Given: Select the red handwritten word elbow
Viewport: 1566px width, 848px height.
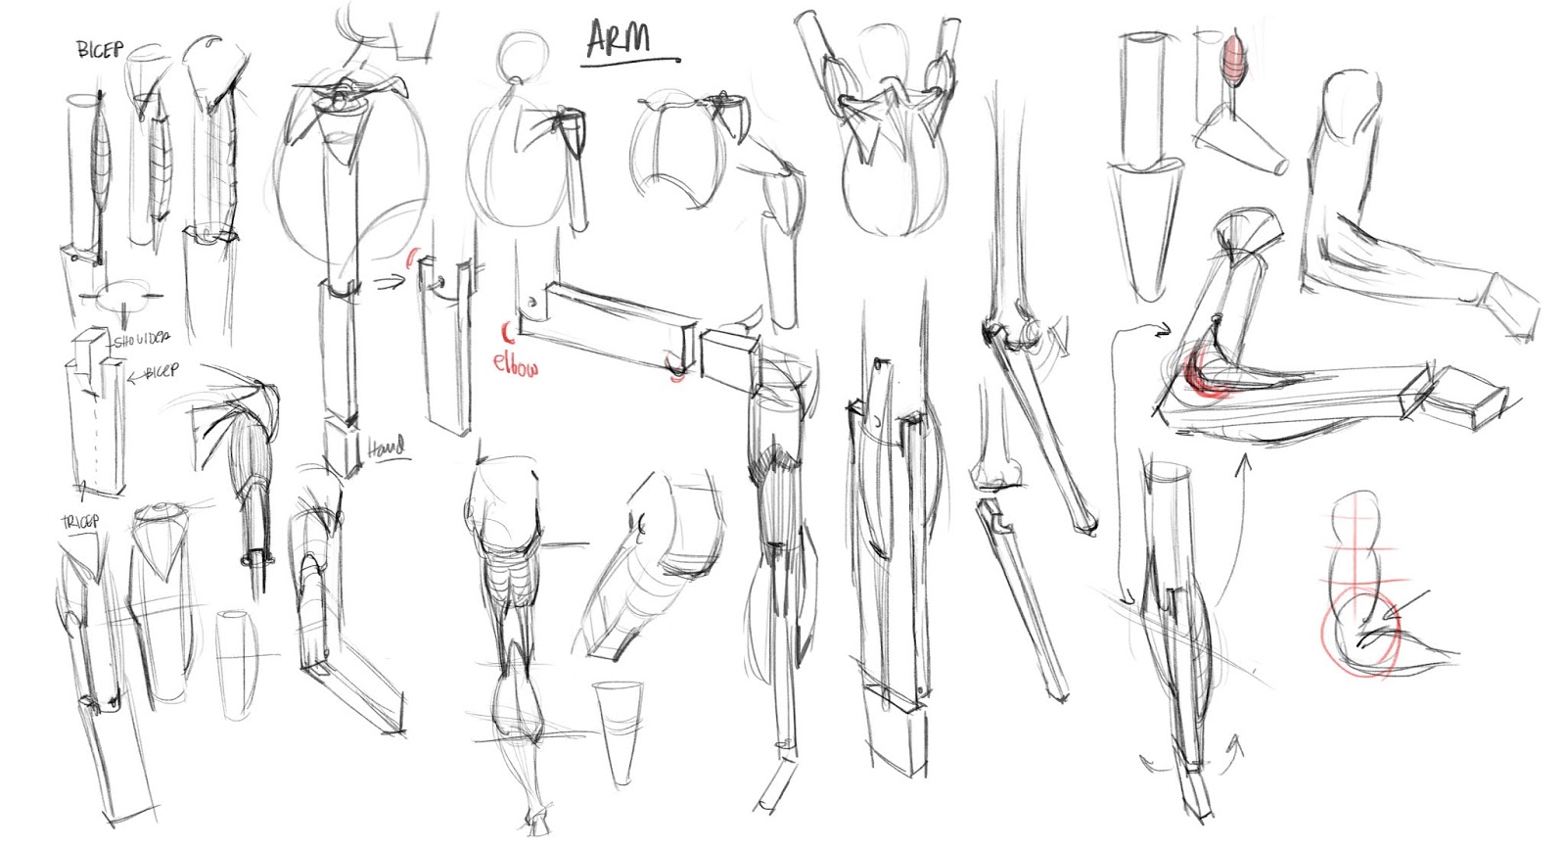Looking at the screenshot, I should click(x=515, y=363).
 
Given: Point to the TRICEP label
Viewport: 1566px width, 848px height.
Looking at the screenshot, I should click(x=80, y=521).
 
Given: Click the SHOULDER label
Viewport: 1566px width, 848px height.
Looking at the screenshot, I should click(x=143, y=340).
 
